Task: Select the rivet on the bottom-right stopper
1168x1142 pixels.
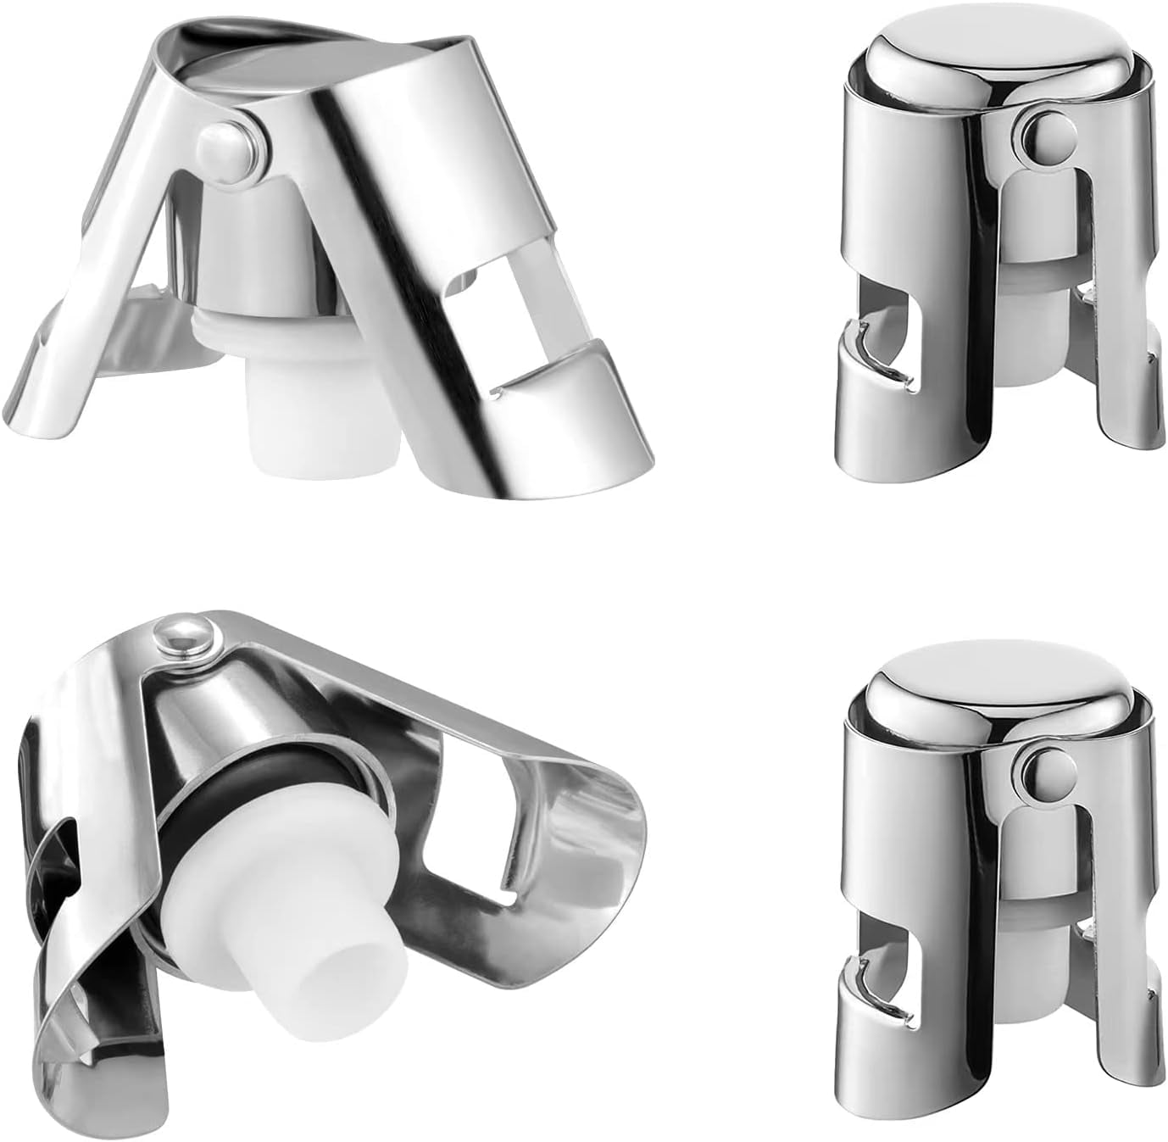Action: click(1037, 770)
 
